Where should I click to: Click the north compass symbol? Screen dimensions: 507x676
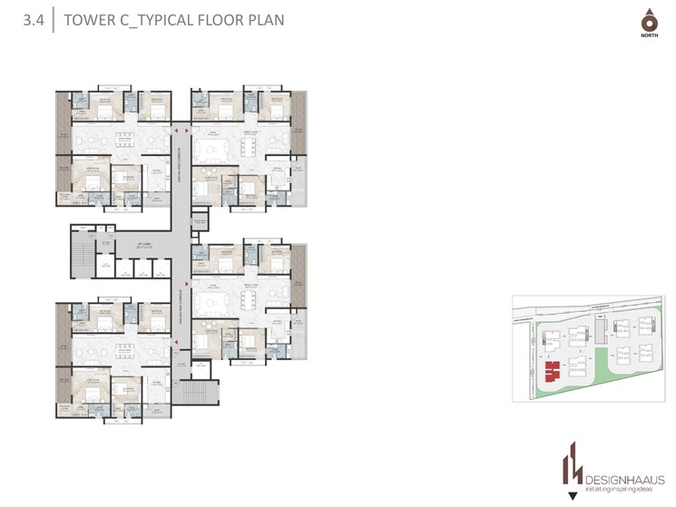click(x=647, y=22)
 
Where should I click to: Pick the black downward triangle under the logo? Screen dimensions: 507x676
click(x=572, y=495)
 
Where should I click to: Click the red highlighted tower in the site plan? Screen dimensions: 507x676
click(x=550, y=371)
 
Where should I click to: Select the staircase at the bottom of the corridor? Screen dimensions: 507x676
click(x=197, y=393)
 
